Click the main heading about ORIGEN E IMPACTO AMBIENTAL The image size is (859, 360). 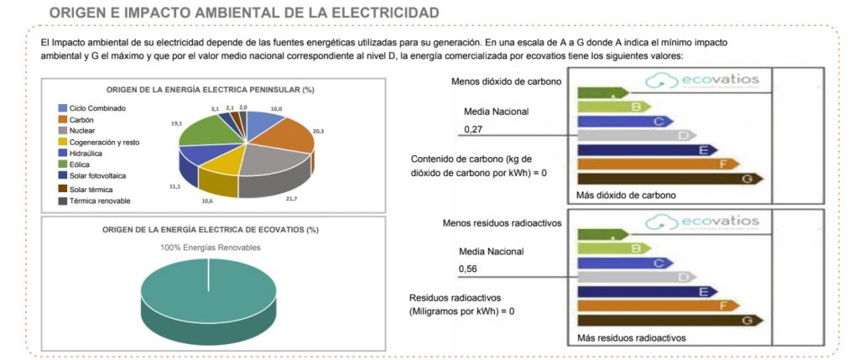coord(243,13)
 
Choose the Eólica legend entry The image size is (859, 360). coord(81,164)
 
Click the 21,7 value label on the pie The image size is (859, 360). coord(291,198)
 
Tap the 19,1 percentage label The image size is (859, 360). coord(176,123)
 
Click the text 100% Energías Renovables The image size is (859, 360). coord(209,248)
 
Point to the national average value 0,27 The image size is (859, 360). coord(474,130)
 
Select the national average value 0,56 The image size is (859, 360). coord(470,269)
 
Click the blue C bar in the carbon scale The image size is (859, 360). coord(620,121)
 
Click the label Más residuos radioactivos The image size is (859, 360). coord(632,338)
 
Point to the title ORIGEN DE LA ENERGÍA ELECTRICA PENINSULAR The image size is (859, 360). coord(216,90)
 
